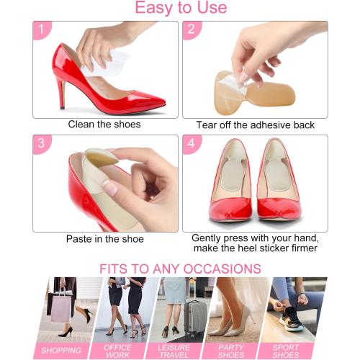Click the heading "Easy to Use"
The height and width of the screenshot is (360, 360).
(181, 9)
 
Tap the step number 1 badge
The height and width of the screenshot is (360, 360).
(42, 30)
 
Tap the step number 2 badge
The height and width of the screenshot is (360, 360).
(192, 30)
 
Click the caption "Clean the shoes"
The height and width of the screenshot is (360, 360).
(104, 125)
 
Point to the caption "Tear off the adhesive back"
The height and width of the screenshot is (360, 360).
(255, 125)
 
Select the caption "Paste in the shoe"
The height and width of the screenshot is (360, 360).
(105, 239)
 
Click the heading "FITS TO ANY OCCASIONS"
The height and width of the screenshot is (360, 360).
(180, 269)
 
